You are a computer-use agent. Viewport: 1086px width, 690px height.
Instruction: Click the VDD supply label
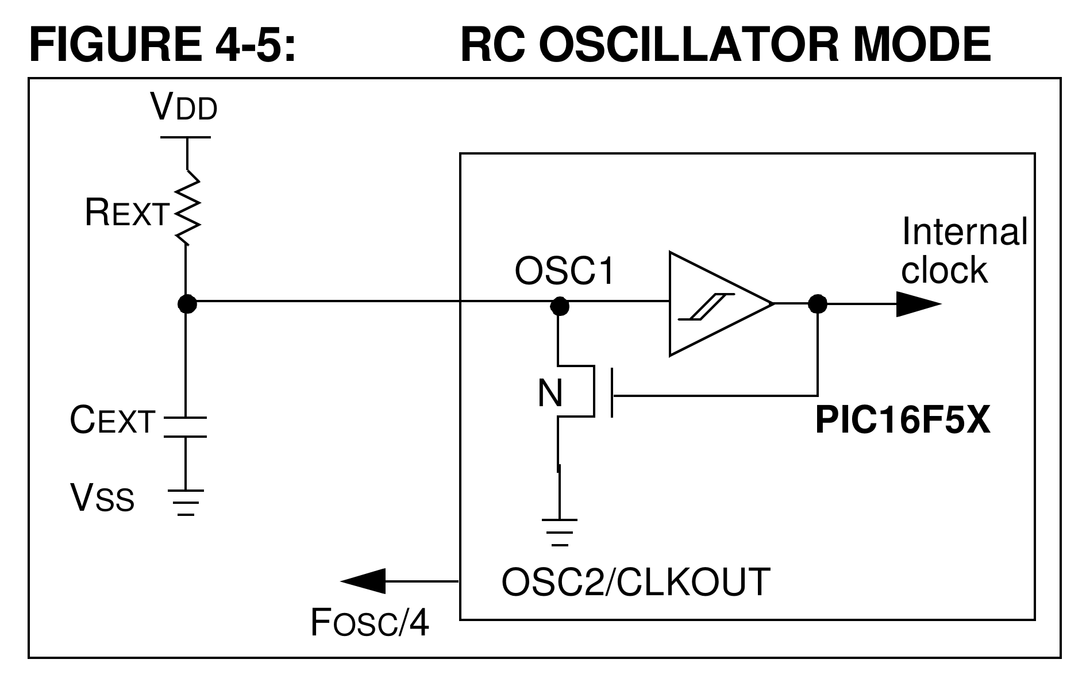[184, 107]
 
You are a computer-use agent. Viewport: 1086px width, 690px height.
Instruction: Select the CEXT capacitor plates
[186, 426]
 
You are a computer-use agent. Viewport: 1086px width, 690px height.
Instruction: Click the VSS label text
[102, 498]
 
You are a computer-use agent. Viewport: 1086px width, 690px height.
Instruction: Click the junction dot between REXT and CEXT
[187, 303]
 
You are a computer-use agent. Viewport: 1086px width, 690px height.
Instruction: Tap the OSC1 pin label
[564, 271]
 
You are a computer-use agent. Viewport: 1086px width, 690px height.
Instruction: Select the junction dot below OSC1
[559, 305]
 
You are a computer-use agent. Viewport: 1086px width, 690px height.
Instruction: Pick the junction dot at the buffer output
[817, 303]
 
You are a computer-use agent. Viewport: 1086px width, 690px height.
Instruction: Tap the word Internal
[964, 232]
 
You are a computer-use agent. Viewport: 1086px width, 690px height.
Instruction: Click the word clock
[944, 269]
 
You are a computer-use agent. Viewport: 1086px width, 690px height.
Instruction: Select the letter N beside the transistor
[550, 394]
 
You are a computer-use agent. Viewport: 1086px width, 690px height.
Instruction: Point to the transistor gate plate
[612, 393]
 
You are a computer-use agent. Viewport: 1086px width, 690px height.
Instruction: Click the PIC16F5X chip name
[903, 421]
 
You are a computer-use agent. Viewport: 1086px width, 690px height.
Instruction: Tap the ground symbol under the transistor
[559, 532]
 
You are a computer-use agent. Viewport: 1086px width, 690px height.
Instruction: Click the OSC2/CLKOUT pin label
[636, 582]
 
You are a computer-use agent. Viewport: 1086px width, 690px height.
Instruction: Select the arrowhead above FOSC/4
[363, 581]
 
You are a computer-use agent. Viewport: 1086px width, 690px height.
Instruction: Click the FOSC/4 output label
[369, 622]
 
